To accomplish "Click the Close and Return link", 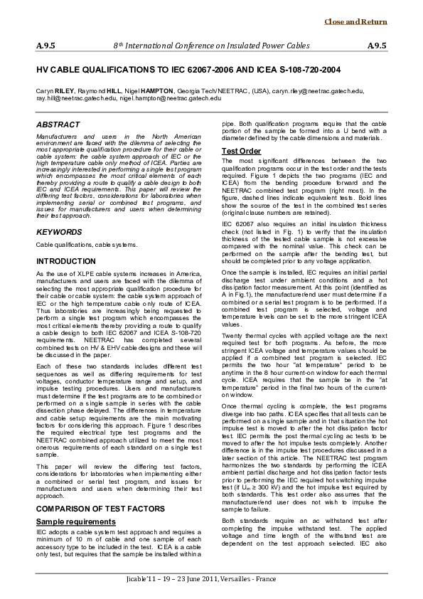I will click(x=365, y=22).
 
